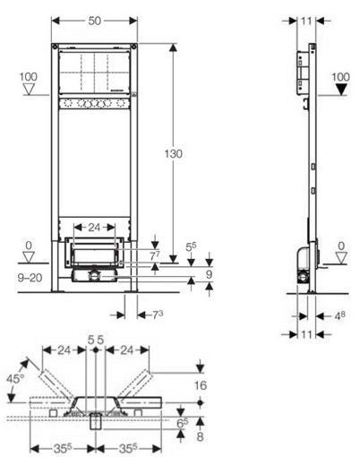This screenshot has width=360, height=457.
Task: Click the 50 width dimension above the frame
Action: [x=95, y=19]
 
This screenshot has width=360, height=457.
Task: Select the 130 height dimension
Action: [x=175, y=154]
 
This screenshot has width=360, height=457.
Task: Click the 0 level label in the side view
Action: [x=340, y=245]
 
